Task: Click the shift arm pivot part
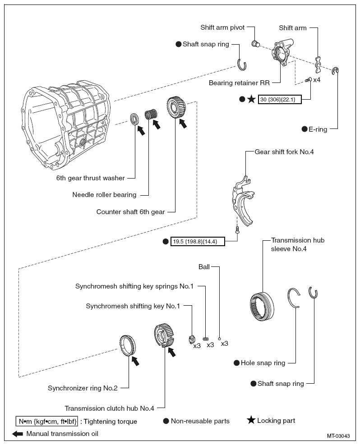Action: pos(255,44)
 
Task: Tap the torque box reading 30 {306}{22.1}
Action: pos(279,99)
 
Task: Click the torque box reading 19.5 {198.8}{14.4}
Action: pos(195,242)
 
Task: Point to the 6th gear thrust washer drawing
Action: pos(135,119)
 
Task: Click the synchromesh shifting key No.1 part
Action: pos(191,338)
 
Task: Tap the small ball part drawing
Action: pos(219,339)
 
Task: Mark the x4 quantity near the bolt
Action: pos(317,80)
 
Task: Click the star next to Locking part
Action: pos(251,420)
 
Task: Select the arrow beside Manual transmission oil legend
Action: pos(18,434)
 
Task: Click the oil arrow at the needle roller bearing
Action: pos(156,123)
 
